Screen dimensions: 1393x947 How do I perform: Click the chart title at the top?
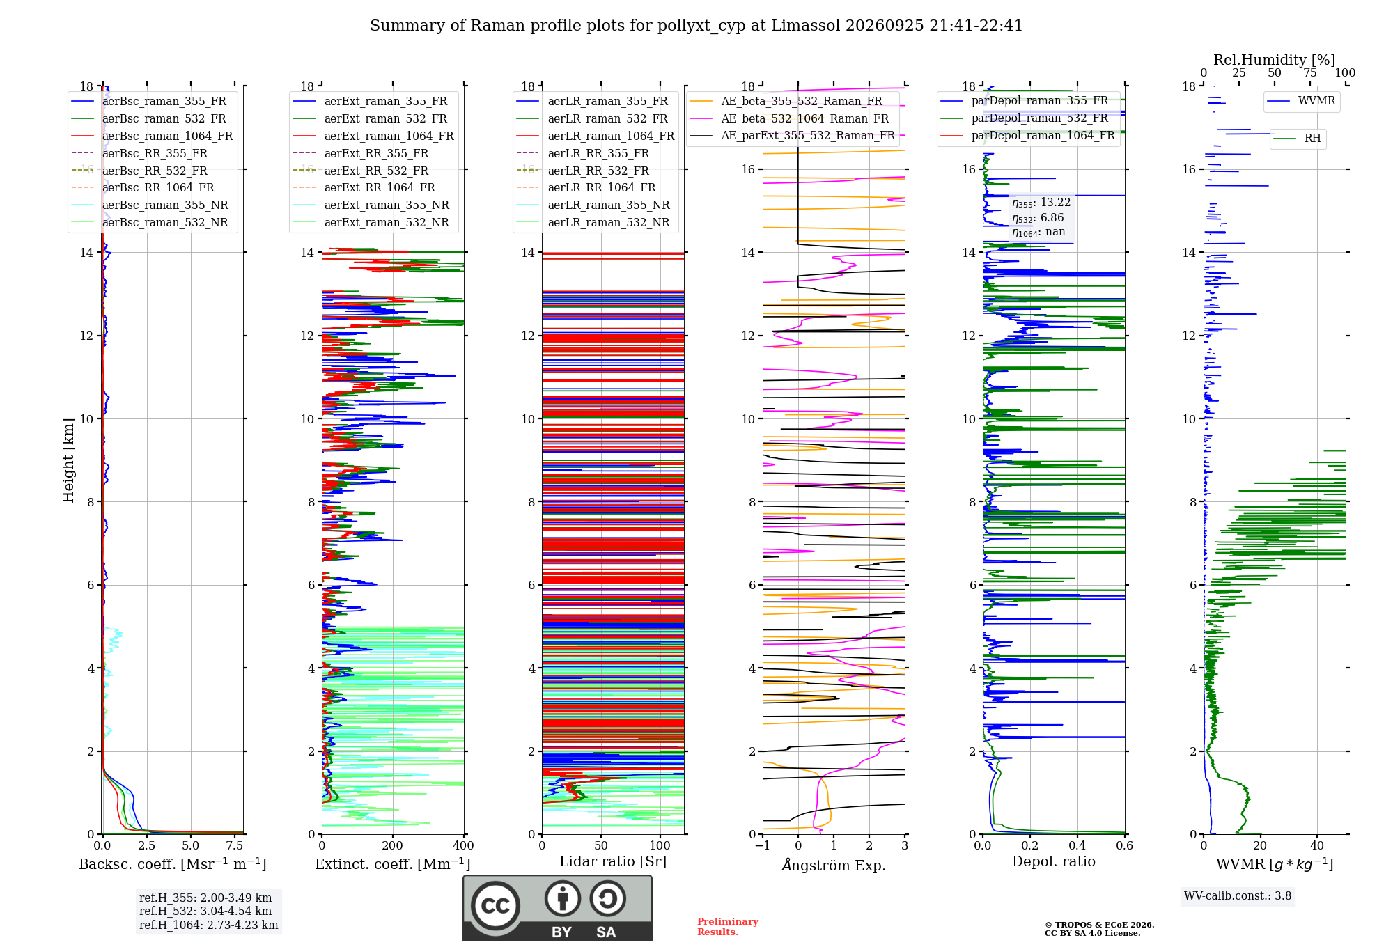pos(696,26)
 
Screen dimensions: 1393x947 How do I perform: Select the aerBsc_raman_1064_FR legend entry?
pos(152,136)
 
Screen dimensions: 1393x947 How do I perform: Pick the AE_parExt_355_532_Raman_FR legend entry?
pos(792,135)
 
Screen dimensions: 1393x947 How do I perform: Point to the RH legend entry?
pos(1298,138)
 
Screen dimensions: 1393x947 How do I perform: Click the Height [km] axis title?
pos(68,460)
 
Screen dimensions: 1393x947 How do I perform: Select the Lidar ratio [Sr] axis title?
pos(613,861)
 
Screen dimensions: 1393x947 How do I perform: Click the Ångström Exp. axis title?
pos(834,864)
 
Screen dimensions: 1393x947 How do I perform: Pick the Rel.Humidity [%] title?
pos(1274,60)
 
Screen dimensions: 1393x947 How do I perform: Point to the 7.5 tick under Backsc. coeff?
pos(235,845)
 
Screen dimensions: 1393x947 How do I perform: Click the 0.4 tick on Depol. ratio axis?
pos(1077,845)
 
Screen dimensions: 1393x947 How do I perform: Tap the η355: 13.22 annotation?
pos(1041,203)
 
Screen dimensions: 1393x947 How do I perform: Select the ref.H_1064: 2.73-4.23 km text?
pos(209,925)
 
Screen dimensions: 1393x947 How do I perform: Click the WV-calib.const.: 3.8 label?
pos(1238,895)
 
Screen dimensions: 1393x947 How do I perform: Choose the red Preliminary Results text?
pos(728,927)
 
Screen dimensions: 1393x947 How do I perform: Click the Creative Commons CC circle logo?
pos(495,905)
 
